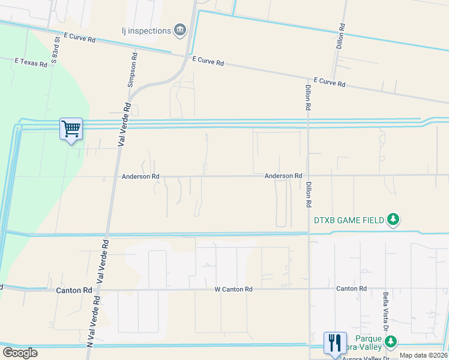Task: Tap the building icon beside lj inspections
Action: click(x=179, y=30)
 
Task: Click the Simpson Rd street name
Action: click(x=133, y=70)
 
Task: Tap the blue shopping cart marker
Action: click(x=71, y=129)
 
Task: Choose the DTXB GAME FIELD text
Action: click(x=349, y=220)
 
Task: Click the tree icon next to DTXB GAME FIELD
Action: click(x=393, y=220)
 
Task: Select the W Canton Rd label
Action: click(x=234, y=289)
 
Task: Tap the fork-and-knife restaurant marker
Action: click(x=334, y=343)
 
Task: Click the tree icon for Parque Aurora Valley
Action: click(x=391, y=341)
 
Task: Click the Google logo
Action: click(x=19, y=353)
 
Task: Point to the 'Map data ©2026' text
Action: click(x=424, y=356)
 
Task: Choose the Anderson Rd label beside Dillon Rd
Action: click(x=283, y=176)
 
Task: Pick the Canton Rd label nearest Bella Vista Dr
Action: click(x=351, y=289)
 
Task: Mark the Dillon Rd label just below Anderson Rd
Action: click(x=309, y=194)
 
